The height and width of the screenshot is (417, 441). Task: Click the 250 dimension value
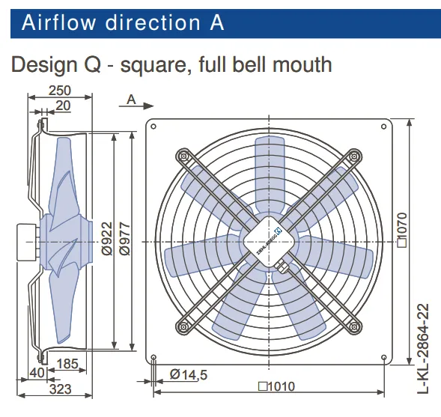60,91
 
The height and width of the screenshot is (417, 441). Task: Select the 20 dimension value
63,106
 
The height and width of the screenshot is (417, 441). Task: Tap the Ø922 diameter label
107,239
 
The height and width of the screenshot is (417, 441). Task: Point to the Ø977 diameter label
124,239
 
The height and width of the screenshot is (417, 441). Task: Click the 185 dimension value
67,364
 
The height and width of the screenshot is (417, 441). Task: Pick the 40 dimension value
37,373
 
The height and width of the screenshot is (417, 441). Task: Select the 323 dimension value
60,389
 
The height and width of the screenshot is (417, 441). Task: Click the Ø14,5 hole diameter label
189,375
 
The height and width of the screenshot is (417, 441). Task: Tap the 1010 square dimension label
276,386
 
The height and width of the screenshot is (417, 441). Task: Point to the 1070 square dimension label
402,230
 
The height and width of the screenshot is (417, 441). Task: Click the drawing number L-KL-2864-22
423,349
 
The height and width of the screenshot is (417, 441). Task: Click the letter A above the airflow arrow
131,100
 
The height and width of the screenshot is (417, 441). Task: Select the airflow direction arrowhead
148,106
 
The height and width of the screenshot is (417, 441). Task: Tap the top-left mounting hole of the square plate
153,127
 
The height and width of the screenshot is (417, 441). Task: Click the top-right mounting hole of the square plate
383,127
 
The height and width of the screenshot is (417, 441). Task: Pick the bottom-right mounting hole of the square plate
384,357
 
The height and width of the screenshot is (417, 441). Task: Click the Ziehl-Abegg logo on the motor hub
280,231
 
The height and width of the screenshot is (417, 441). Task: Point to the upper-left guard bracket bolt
183,156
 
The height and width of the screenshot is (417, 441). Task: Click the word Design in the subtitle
44,64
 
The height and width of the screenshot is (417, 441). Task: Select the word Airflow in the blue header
58,22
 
